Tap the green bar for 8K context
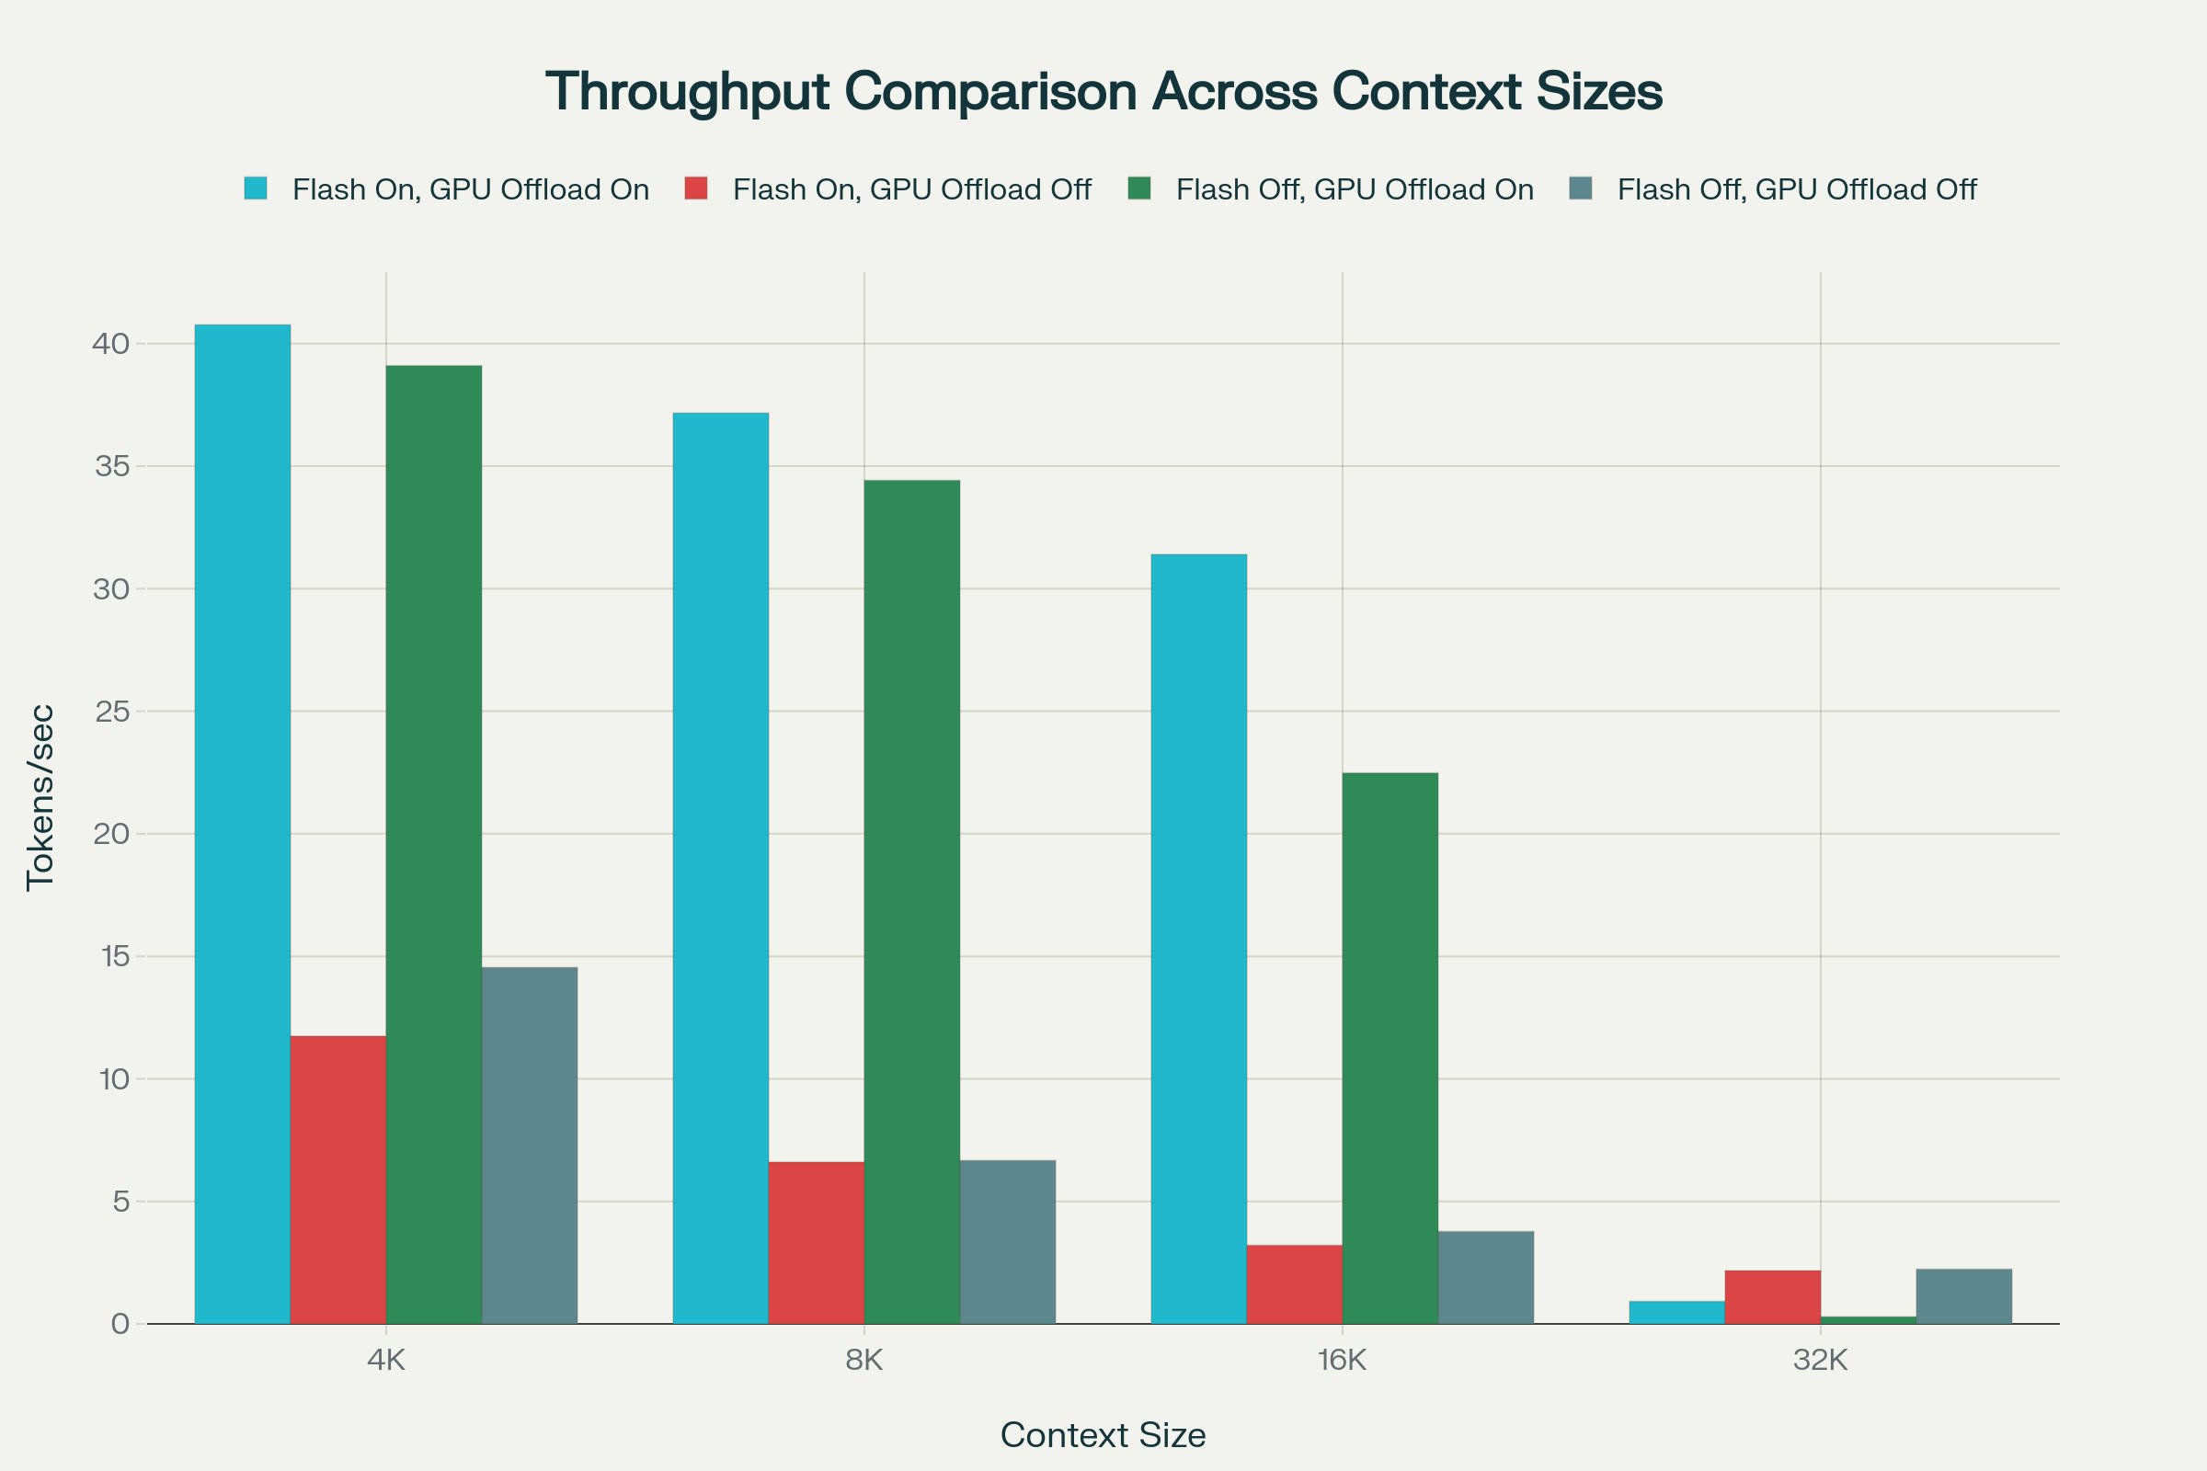pos(911,902)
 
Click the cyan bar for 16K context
pos(1198,938)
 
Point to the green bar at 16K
pos(1389,1048)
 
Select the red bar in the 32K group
pos(1772,1296)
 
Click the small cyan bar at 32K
pos(1675,1312)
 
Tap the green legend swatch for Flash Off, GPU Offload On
pos(1139,188)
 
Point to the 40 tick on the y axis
pos(109,344)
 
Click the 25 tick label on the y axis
pos(111,712)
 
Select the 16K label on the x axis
pos(1342,1360)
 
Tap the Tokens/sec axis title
pos(40,797)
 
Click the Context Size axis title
pos(1103,1434)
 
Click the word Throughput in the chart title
pos(687,92)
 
